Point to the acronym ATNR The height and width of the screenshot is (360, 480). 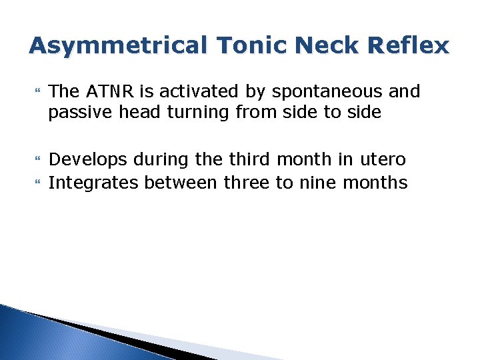[109, 91]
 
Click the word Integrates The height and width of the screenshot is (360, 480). [95, 183]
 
